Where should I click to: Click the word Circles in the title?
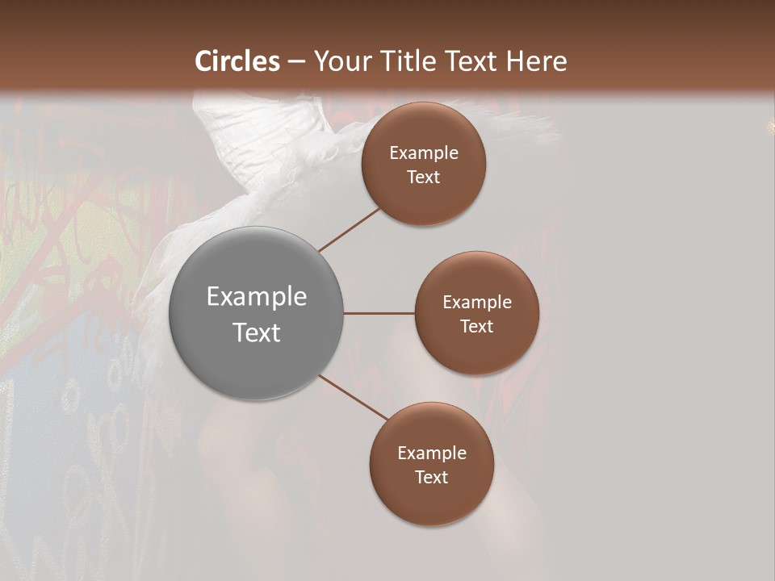[x=237, y=61]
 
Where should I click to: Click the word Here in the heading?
[x=536, y=61]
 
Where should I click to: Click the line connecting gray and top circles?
[x=350, y=229]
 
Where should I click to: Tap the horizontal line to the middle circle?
[x=379, y=313]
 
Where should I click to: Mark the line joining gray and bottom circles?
[x=353, y=397]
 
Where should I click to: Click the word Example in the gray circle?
[x=257, y=297]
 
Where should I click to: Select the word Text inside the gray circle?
[x=257, y=332]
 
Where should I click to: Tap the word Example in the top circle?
[x=424, y=153]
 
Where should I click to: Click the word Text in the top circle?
[x=423, y=178]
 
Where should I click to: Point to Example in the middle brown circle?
[x=477, y=303]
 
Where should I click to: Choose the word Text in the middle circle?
[x=476, y=326]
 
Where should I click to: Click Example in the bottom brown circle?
[x=432, y=454]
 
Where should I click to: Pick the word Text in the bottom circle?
[x=431, y=478]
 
